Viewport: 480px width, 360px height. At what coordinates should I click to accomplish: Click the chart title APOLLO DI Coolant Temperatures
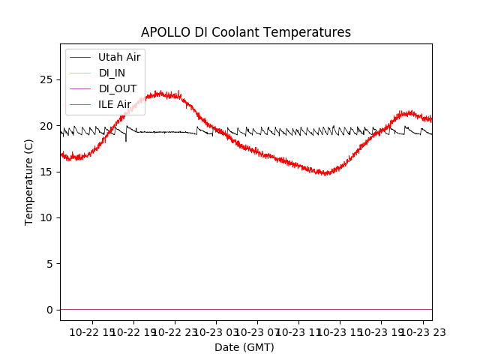(x=246, y=32)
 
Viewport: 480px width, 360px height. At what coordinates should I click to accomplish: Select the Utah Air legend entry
(x=119, y=57)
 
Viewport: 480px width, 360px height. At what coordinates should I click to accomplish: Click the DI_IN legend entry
(x=112, y=73)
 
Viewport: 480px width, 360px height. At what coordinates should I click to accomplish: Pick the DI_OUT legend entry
(x=117, y=88)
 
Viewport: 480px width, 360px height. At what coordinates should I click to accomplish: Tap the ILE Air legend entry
(x=115, y=104)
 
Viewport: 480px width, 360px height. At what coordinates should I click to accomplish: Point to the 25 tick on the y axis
(x=49, y=79)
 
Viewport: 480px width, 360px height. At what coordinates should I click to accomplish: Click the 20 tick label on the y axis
(x=49, y=125)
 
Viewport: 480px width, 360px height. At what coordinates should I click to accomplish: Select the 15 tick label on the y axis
(x=49, y=172)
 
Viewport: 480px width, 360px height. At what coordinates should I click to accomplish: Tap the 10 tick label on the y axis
(x=49, y=217)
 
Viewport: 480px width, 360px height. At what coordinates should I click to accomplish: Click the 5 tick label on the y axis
(x=52, y=264)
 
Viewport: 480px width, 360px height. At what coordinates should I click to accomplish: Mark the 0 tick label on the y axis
(x=52, y=310)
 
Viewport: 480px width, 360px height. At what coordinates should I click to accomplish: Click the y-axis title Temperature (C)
(x=29, y=181)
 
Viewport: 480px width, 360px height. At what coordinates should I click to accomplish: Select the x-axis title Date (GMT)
(x=244, y=347)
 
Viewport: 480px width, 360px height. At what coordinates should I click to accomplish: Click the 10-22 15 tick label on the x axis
(x=93, y=331)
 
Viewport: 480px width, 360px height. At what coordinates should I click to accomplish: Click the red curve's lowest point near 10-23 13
(x=325, y=174)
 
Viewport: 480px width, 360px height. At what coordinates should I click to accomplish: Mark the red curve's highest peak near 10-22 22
(x=160, y=92)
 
